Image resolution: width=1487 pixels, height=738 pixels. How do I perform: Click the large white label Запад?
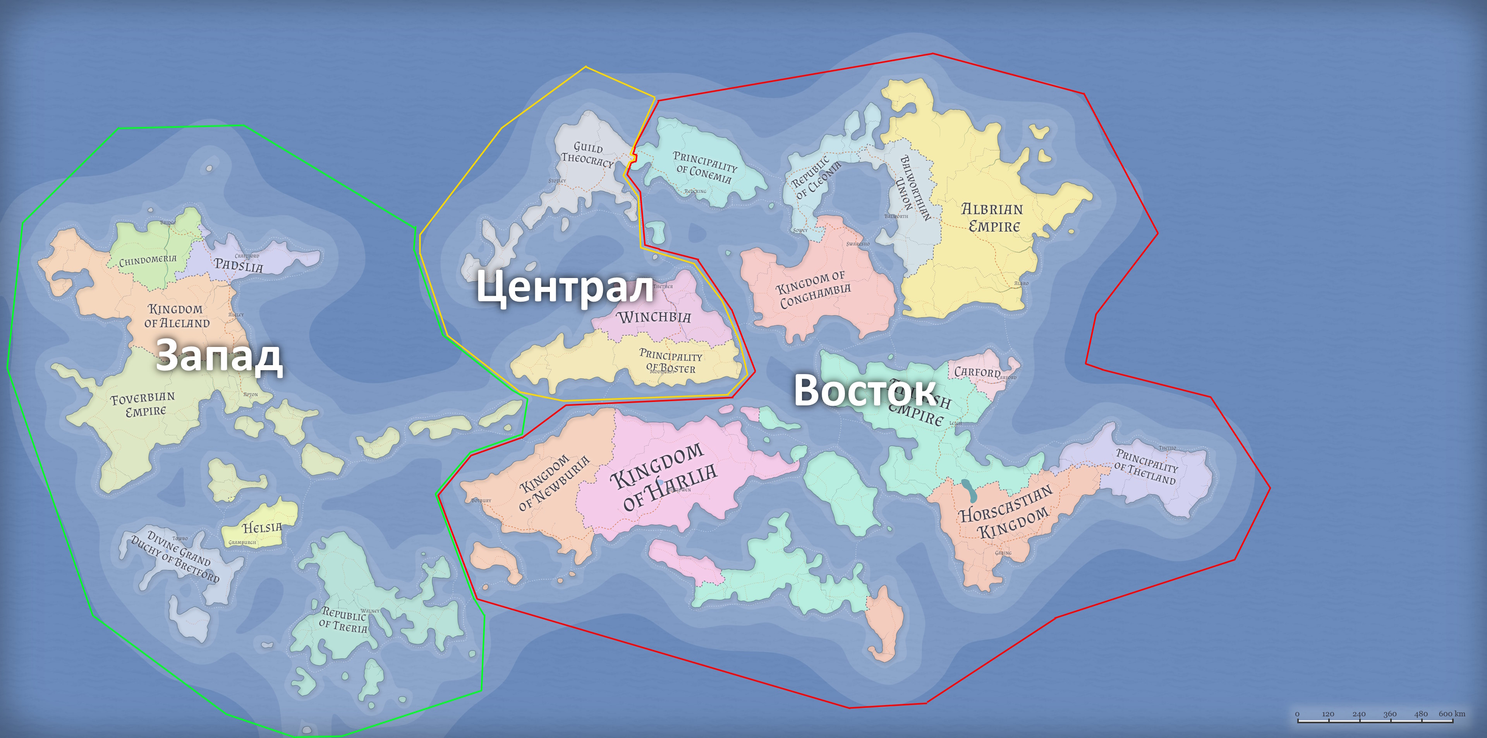(x=219, y=356)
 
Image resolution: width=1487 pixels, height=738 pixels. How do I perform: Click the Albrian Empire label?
(x=992, y=218)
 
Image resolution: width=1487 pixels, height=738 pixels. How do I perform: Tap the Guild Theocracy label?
(x=587, y=154)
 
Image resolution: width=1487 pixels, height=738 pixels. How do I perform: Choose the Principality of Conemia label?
(x=704, y=167)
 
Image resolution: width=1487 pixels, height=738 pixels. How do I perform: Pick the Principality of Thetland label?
(x=1145, y=466)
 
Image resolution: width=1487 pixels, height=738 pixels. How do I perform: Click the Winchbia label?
(x=653, y=317)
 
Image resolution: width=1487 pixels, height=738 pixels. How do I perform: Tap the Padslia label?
(x=239, y=265)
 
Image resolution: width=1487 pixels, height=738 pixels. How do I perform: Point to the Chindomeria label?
(x=148, y=260)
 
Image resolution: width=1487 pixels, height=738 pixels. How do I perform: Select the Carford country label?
(x=977, y=372)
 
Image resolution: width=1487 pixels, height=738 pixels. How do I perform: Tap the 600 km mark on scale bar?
(x=1451, y=714)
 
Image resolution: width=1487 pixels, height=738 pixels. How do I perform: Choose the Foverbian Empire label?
(x=143, y=404)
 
